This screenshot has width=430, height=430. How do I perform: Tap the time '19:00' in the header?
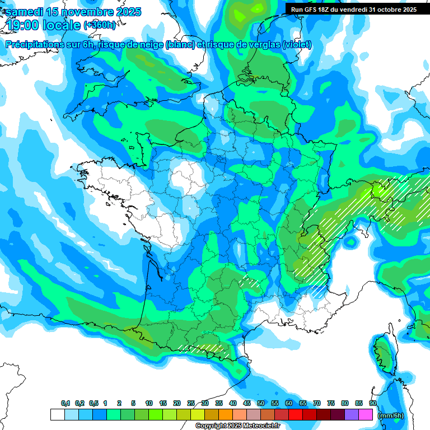click(25, 25)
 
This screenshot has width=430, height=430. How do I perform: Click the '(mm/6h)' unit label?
click(391, 415)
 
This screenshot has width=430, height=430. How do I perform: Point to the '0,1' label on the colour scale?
click(66, 404)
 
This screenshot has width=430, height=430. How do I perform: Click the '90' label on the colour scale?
click(373, 404)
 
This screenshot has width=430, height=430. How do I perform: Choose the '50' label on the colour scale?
click(261, 404)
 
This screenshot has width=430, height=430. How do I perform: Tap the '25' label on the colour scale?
click(191, 404)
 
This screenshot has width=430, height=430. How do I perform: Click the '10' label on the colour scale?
click(149, 404)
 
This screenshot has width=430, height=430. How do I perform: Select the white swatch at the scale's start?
click(57, 415)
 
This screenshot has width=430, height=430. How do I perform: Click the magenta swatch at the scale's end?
click(366, 415)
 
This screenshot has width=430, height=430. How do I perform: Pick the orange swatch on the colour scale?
click(226, 415)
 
